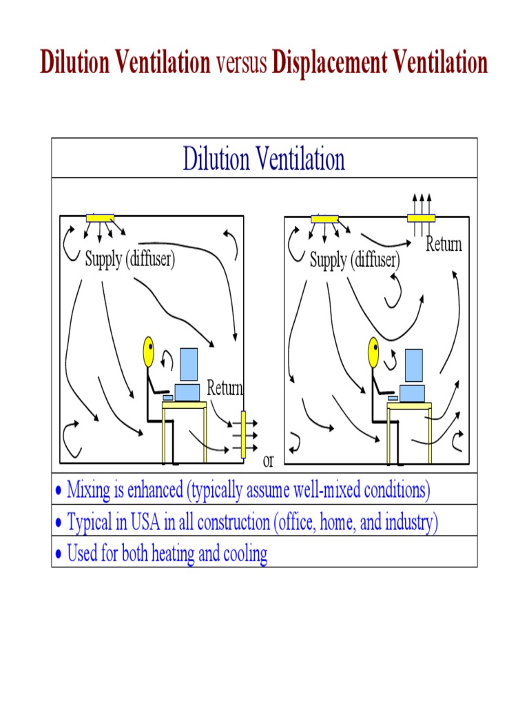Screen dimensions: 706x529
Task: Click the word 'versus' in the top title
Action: click(x=242, y=63)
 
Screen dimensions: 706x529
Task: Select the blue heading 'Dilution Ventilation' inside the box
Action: click(x=264, y=159)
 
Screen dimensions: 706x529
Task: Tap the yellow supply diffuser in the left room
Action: click(x=100, y=219)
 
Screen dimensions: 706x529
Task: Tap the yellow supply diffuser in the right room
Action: click(x=324, y=219)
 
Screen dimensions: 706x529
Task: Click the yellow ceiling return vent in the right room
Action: click(x=421, y=219)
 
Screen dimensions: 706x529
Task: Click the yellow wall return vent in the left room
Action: click(x=242, y=435)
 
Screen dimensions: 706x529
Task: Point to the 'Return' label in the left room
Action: click(x=225, y=388)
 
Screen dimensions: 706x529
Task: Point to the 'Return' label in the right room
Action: click(x=444, y=244)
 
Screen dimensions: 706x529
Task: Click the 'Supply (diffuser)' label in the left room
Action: click(x=130, y=260)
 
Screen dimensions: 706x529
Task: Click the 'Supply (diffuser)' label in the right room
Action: click(x=355, y=260)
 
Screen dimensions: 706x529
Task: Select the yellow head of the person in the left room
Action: click(x=148, y=352)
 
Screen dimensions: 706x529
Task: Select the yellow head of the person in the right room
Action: click(x=373, y=352)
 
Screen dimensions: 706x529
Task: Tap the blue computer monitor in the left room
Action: click(x=188, y=365)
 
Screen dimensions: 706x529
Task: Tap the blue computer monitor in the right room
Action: click(x=413, y=365)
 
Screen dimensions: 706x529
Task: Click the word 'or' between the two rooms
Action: click(x=269, y=461)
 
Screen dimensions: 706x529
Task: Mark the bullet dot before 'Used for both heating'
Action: click(x=59, y=554)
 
